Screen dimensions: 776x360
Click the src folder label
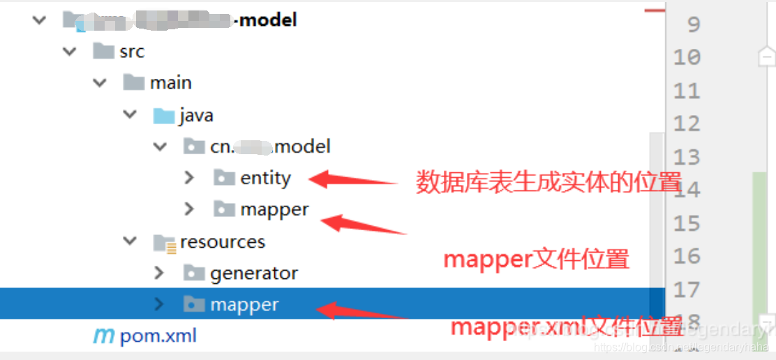pos(131,52)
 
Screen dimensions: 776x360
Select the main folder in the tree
pos(170,83)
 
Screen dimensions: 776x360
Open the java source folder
pos(195,115)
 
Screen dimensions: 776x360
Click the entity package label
pos(265,178)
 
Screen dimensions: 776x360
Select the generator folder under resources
pos(253,273)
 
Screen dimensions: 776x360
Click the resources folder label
pos(223,242)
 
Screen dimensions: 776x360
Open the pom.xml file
pos(158,336)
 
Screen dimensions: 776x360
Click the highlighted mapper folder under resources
pos(244,305)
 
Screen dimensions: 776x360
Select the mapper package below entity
pos(274,209)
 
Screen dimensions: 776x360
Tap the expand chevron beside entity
pos(189,178)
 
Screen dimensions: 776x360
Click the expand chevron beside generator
pos(159,273)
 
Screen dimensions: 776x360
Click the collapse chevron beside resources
pos(130,242)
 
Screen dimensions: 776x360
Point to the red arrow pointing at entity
pos(352,180)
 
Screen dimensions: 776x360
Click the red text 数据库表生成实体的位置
pos(549,183)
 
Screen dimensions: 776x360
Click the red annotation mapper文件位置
pos(536,260)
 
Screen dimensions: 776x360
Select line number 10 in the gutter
pos(687,57)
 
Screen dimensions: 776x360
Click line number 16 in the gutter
pos(687,256)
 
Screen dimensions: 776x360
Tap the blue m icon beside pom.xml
pos(103,336)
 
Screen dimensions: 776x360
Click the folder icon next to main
pos(133,83)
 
